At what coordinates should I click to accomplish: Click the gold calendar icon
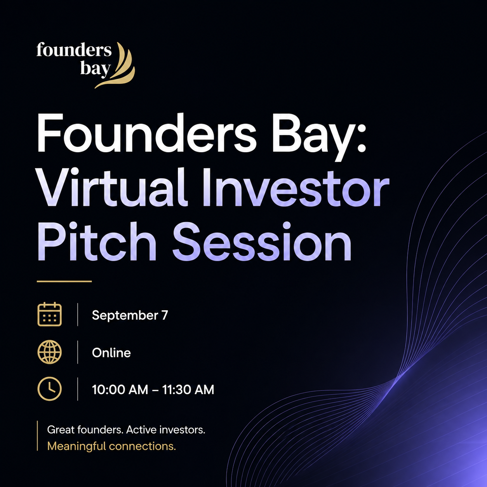[x=50, y=314]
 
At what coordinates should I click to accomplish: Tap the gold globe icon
[x=50, y=352]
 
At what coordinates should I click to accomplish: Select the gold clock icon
[x=50, y=389]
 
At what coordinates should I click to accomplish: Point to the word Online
[x=111, y=353]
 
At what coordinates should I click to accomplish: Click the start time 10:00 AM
[x=120, y=390]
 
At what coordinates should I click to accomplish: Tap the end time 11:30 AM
[x=188, y=390]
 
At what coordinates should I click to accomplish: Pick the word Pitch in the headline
[x=97, y=241]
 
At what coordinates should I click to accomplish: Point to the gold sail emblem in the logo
[x=117, y=65]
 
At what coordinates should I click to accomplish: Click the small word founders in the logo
[x=74, y=50]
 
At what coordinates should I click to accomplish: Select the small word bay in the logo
[x=96, y=68]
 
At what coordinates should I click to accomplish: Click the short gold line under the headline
[x=64, y=281]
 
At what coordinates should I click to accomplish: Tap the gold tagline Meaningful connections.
[x=111, y=447]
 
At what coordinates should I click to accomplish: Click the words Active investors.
[x=165, y=430]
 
